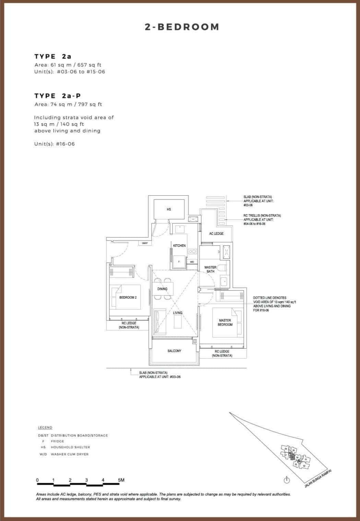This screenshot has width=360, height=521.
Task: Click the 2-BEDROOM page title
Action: [182, 27]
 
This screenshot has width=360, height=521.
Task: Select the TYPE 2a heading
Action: [53, 56]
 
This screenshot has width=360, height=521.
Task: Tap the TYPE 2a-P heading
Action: [58, 96]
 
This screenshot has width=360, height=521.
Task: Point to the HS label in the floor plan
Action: [169, 209]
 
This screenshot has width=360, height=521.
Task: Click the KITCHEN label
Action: [179, 245]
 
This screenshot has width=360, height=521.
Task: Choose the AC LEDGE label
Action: [216, 233]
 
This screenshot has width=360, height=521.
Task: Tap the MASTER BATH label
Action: [210, 269]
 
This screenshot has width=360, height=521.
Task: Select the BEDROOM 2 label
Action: [128, 297]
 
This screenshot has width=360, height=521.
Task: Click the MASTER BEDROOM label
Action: [225, 322]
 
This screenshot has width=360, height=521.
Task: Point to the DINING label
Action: [163, 289]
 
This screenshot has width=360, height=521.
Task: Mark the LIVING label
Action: [178, 313]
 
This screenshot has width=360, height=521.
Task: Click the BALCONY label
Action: [174, 351]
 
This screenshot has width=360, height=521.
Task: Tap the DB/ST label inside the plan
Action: [145, 243]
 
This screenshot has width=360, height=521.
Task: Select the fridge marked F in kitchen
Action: [178, 262]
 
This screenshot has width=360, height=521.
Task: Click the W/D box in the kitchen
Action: [192, 262]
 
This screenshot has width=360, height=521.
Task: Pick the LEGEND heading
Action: [45, 427]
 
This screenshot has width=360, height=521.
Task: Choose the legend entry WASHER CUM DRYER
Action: [70, 454]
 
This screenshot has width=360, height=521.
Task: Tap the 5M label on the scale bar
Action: [121, 480]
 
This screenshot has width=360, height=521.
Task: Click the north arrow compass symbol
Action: [287, 480]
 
